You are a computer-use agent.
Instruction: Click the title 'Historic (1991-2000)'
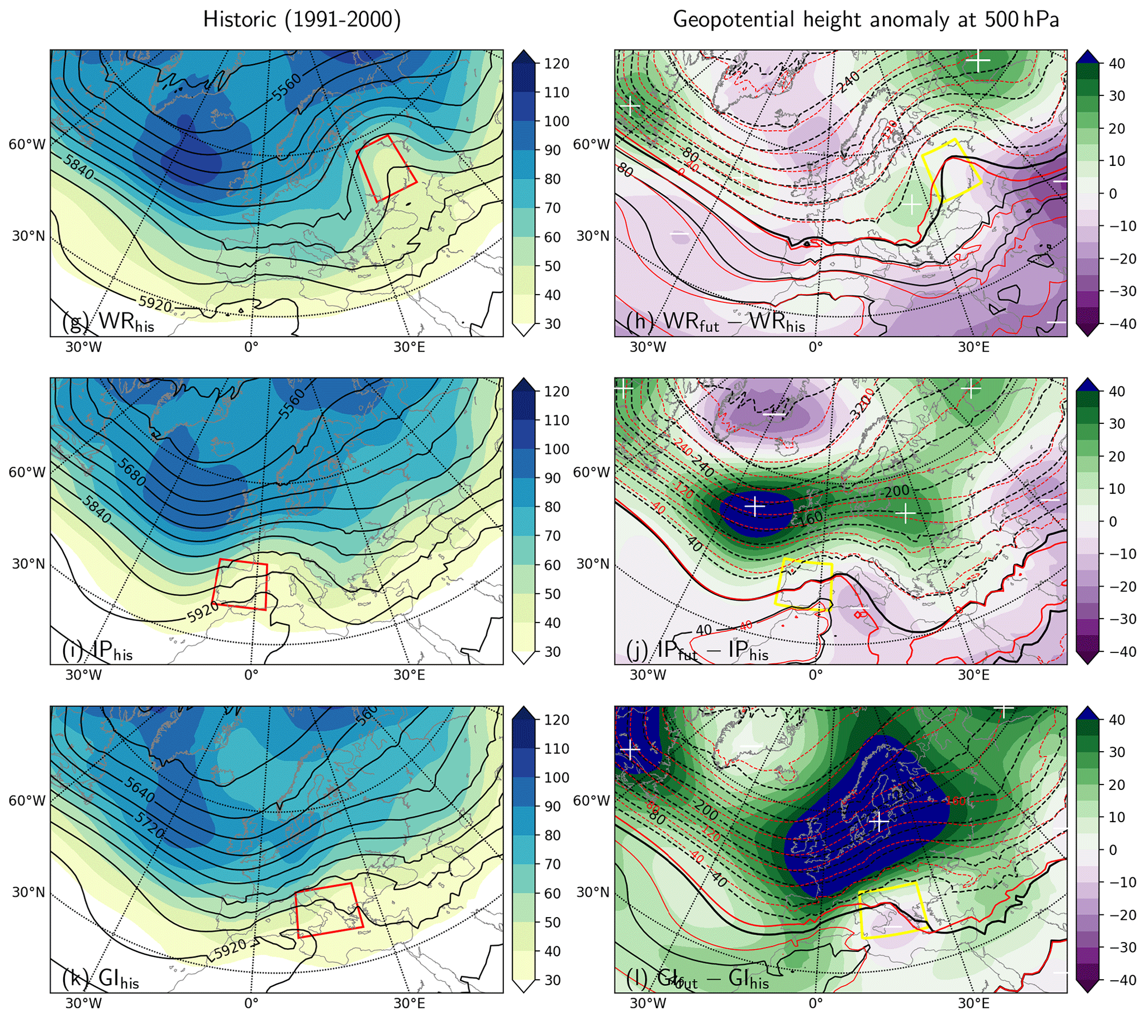click(302, 20)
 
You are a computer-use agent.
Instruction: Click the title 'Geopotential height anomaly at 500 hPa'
click(865, 20)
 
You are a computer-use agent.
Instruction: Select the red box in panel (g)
click(387, 168)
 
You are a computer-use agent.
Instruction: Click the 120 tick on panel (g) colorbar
click(556, 63)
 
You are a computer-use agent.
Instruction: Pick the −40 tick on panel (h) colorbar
click(1120, 323)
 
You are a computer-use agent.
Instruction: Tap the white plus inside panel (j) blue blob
click(755, 506)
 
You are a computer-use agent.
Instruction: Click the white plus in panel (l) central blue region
click(879, 822)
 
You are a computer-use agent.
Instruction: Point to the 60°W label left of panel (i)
click(27, 472)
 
